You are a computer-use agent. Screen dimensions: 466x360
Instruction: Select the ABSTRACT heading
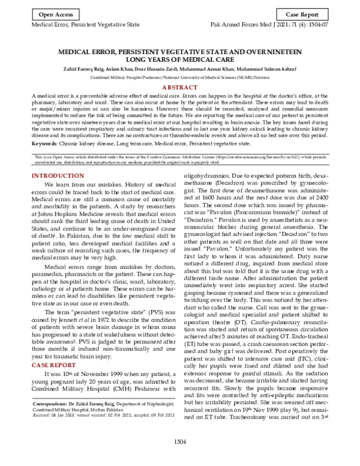[179, 87]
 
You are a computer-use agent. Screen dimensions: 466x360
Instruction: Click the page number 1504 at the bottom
[179, 459]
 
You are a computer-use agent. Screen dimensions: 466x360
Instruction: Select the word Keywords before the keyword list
[48, 145]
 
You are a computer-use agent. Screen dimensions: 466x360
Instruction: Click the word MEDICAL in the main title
[81, 52]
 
